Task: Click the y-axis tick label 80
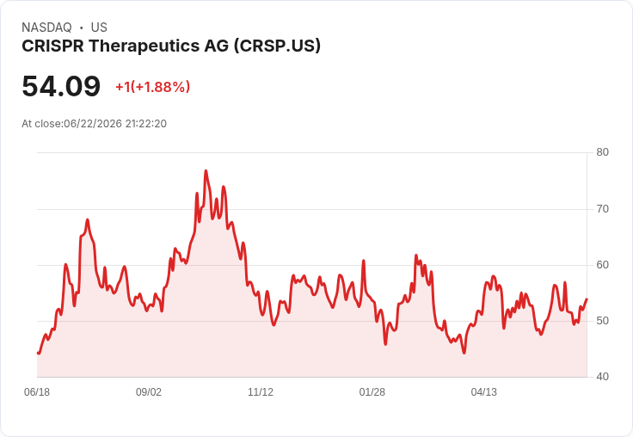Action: (602, 152)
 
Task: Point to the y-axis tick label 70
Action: (602, 209)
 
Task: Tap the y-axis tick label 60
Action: (602, 265)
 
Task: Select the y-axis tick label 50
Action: (602, 321)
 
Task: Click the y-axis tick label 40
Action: (602, 377)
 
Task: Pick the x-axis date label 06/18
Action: (37, 392)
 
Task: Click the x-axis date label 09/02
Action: (149, 392)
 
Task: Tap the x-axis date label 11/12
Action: (261, 392)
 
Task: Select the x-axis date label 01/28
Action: (372, 392)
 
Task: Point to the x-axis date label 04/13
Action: (484, 392)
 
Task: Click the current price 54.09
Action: (61, 86)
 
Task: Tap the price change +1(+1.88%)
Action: (152, 87)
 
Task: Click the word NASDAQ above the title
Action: (46, 28)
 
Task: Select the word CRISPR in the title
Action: (52, 46)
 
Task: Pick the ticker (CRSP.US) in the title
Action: (277, 46)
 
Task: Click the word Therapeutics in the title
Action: (144, 46)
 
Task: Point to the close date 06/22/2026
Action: (93, 124)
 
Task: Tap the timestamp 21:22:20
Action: (145, 124)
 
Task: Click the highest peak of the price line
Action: (206, 171)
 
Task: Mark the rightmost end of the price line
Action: (587, 299)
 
